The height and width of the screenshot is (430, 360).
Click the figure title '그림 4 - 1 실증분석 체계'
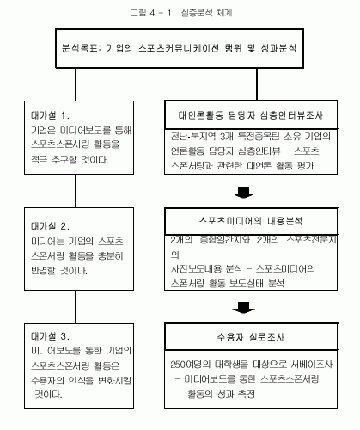click(x=180, y=13)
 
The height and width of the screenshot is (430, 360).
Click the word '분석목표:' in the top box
click(x=82, y=48)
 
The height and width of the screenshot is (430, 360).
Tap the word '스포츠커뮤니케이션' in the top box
click(x=179, y=48)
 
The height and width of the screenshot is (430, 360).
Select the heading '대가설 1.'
click(x=50, y=115)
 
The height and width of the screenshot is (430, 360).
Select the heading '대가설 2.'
click(x=50, y=226)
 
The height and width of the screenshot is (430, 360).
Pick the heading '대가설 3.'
click(x=50, y=336)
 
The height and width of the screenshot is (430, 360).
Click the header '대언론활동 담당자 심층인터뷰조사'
click(x=251, y=115)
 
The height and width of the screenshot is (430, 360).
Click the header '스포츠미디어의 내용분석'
click(x=251, y=221)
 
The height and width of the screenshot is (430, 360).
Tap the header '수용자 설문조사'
click(x=251, y=337)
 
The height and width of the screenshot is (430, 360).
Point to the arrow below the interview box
click(x=244, y=193)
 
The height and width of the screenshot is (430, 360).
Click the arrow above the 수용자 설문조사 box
click(x=244, y=308)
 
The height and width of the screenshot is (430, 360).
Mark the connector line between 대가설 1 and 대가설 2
click(x=76, y=191)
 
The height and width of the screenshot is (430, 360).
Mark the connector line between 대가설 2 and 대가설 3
click(x=76, y=307)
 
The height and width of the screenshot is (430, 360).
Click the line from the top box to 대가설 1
click(x=76, y=84)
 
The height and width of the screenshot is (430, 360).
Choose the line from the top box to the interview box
click(x=257, y=84)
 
